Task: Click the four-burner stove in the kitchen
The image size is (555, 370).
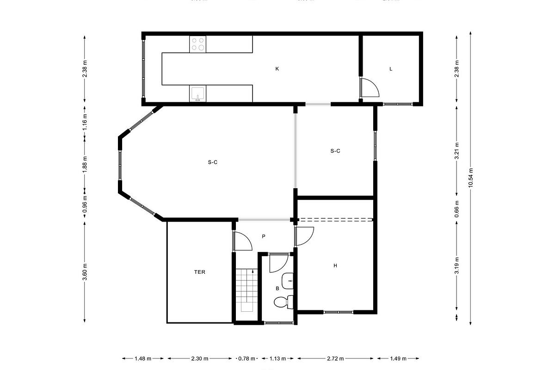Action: (198, 44)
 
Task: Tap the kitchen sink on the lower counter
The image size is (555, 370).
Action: (197, 94)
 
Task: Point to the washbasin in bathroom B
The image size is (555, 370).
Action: (288, 278)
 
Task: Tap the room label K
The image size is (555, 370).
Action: (277, 69)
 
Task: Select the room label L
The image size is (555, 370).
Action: (391, 69)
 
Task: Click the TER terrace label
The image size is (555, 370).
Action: (199, 272)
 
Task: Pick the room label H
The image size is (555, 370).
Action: (335, 265)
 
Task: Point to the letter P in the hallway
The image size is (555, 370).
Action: (264, 236)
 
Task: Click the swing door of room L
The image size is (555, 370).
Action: (369, 88)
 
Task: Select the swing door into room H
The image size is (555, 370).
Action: (304, 236)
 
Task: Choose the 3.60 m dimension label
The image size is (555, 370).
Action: (85, 272)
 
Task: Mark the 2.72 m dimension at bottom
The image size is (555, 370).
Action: (335, 358)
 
